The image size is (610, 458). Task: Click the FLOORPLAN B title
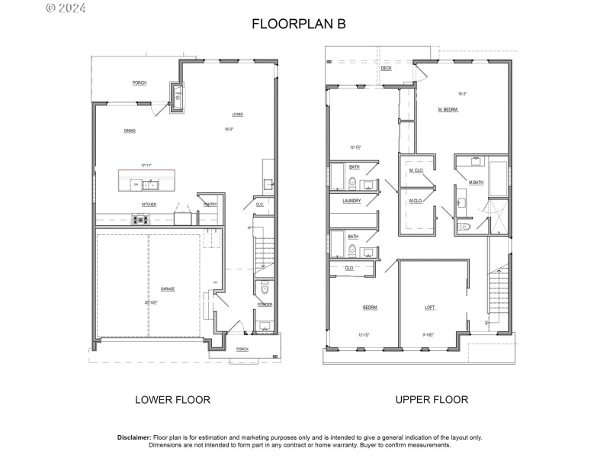tap(299, 24)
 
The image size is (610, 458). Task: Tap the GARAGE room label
tap(168, 289)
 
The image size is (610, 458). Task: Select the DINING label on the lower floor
tap(130, 131)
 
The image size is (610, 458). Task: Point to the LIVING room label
tap(238, 114)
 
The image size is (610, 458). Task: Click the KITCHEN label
tap(149, 204)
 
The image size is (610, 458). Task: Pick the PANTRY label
tap(210, 204)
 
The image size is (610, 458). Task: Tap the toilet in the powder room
tap(264, 289)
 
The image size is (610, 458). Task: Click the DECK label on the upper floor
tap(386, 68)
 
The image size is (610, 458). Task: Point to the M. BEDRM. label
tap(448, 110)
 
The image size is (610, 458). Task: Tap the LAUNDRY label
tap(352, 201)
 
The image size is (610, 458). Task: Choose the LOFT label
tap(429, 307)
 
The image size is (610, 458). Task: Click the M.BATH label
tap(477, 182)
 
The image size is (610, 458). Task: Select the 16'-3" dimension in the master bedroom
tap(462, 94)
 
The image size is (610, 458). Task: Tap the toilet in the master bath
tap(465, 227)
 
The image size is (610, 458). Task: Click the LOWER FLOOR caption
tap(172, 399)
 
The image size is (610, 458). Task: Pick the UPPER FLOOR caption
tap(432, 399)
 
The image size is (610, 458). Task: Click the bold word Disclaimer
tap(135, 437)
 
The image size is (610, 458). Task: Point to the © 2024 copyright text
tap(66, 8)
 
